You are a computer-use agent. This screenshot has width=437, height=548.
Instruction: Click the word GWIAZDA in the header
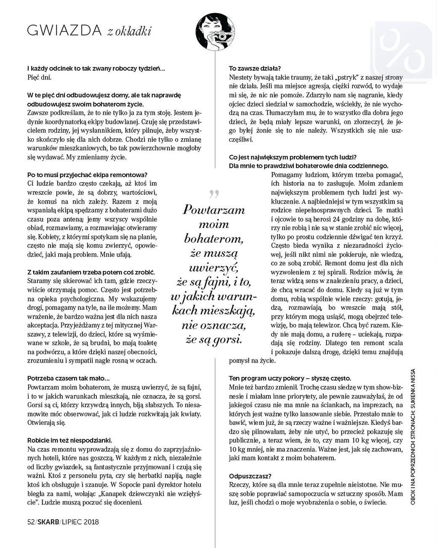tap(64, 31)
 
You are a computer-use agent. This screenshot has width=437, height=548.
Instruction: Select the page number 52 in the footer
tap(31, 522)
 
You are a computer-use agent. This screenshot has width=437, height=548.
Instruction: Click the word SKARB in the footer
tap(48, 522)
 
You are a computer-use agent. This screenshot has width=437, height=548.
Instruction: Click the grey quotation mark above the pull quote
tap(214, 194)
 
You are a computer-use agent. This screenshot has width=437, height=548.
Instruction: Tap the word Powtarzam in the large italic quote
tap(213, 210)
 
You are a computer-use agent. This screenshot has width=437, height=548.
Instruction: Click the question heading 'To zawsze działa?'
tap(255, 68)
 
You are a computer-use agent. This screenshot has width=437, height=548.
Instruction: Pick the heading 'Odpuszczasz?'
tap(250, 476)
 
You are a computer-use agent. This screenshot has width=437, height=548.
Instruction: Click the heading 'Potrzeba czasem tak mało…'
tap(68, 379)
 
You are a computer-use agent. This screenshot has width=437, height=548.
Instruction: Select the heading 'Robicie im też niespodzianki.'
tap(69, 441)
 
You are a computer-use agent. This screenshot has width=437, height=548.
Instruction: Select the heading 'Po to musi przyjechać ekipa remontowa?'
tap(87, 175)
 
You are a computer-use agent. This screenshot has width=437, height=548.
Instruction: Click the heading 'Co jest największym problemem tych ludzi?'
tap(293, 157)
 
